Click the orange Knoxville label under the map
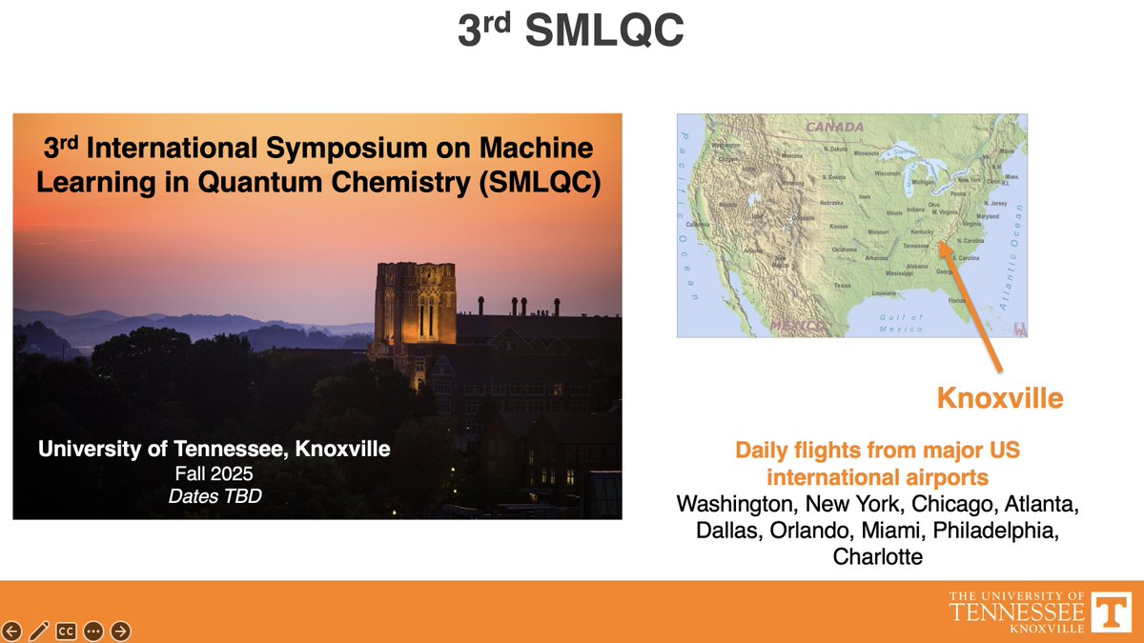point(999,398)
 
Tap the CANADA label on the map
point(834,127)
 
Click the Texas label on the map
point(842,285)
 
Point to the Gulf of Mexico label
point(901,323)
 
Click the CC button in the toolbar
point(66,631)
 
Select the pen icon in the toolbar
point(39,631)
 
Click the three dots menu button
point(93,631)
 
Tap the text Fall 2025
point(214,472)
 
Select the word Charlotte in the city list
point(877,556)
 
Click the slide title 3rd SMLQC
point(570,32)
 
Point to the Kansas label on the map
point(839,228)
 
